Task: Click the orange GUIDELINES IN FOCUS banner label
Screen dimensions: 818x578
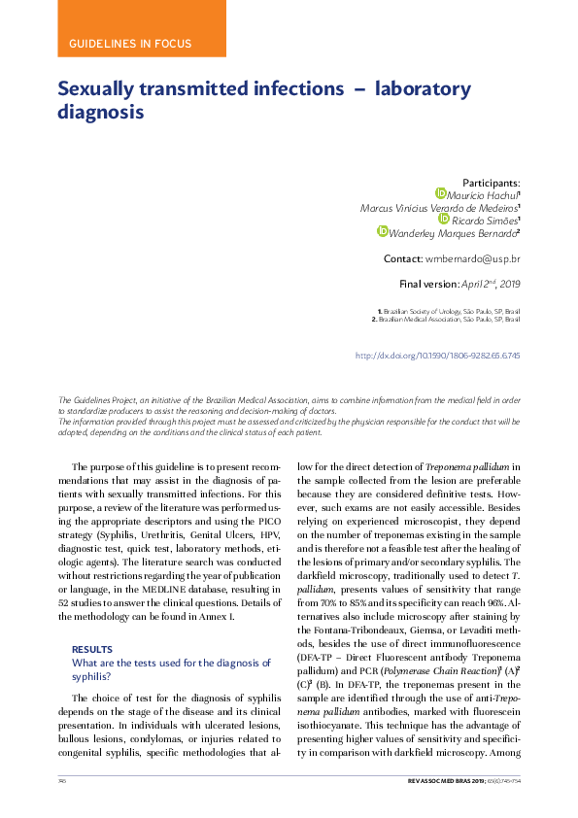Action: tap(130, 44)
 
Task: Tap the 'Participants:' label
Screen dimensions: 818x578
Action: tap(491, 183)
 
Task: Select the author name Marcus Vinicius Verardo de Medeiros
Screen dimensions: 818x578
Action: tap(438, 207)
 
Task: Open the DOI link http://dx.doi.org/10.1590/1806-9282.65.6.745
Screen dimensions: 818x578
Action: tap(438, 356)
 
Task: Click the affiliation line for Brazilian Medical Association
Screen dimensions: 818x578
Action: tap(448, 319)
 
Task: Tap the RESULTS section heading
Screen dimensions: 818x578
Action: tap(92, 649)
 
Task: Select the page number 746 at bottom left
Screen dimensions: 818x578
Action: tap(62, 781)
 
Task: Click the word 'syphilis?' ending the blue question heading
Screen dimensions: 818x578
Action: tap(94, 676)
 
